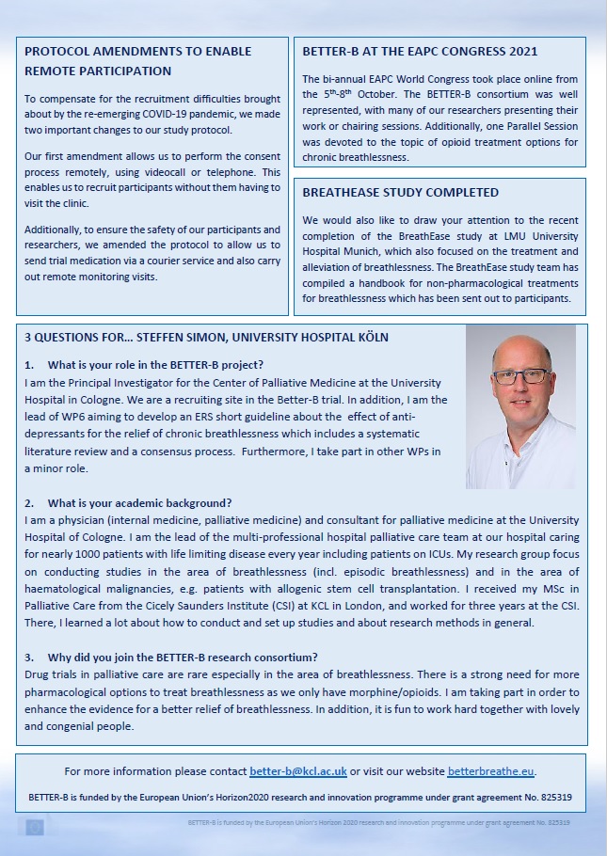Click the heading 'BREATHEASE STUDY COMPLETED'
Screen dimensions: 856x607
point(400,193)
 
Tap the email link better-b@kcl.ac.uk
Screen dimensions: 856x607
point(297,771)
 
